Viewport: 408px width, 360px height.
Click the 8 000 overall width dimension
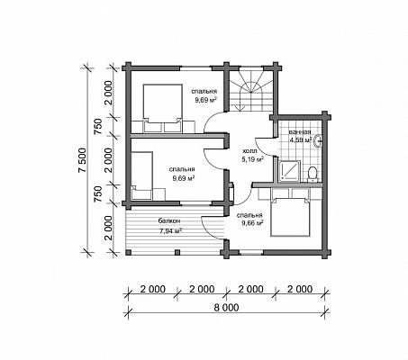[227, 308]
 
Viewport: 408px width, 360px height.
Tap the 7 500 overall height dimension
[83, 160]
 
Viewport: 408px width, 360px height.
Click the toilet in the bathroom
[313, 175]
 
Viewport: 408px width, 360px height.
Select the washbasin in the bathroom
[318, 141]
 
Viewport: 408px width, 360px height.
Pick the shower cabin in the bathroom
[289, 171]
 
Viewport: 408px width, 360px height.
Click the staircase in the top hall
[251, 91]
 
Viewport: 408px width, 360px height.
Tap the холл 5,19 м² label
[253, 155]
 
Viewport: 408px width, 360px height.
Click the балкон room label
[169, 220]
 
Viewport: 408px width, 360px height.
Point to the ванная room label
[300, 132]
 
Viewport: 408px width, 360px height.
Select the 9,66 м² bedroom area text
[252, 223]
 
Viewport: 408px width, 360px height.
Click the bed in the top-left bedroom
[163, 108]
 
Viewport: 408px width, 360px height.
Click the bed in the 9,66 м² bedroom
[290, 217]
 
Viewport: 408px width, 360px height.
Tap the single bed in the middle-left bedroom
[141, 175]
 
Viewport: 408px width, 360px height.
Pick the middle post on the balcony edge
[177, 252]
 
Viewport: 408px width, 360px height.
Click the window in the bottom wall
[251, 252]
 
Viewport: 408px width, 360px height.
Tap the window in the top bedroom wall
[196, 68]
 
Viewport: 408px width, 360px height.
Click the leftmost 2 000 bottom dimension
[153, 289]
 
